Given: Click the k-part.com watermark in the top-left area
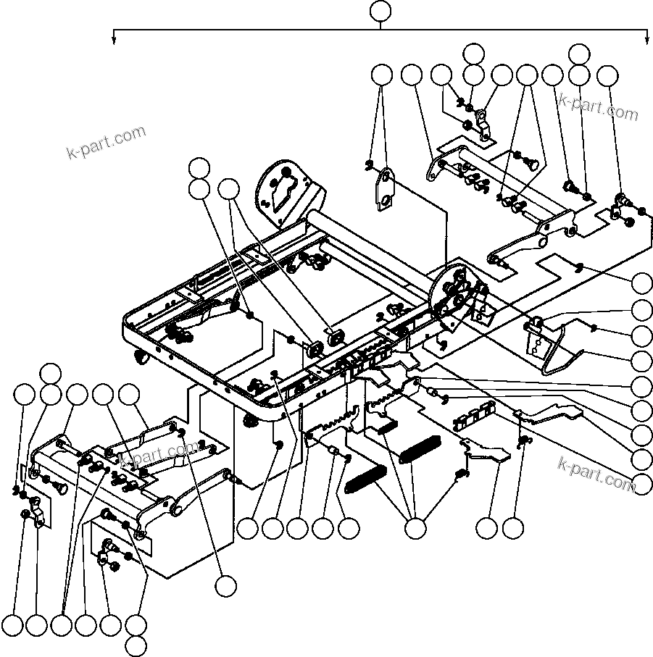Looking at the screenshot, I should coord(106,143).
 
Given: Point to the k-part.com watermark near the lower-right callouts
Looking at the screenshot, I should coord(596,471).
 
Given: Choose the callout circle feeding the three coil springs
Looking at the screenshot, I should coord(415,529).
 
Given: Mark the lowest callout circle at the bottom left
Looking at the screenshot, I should coord(136,645).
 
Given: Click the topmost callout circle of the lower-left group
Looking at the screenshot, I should coord(50,373).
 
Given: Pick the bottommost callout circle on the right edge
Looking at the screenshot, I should coord(642,484).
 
